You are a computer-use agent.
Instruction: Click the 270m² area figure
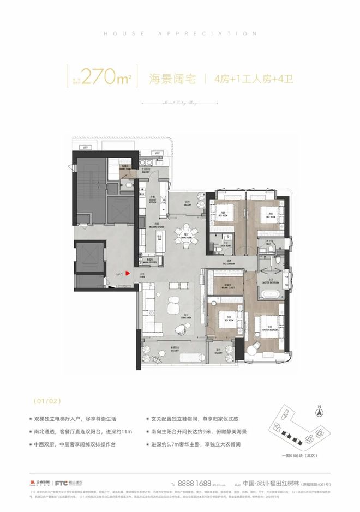tap(106, 79)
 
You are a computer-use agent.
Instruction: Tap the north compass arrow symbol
tap(321, 405)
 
